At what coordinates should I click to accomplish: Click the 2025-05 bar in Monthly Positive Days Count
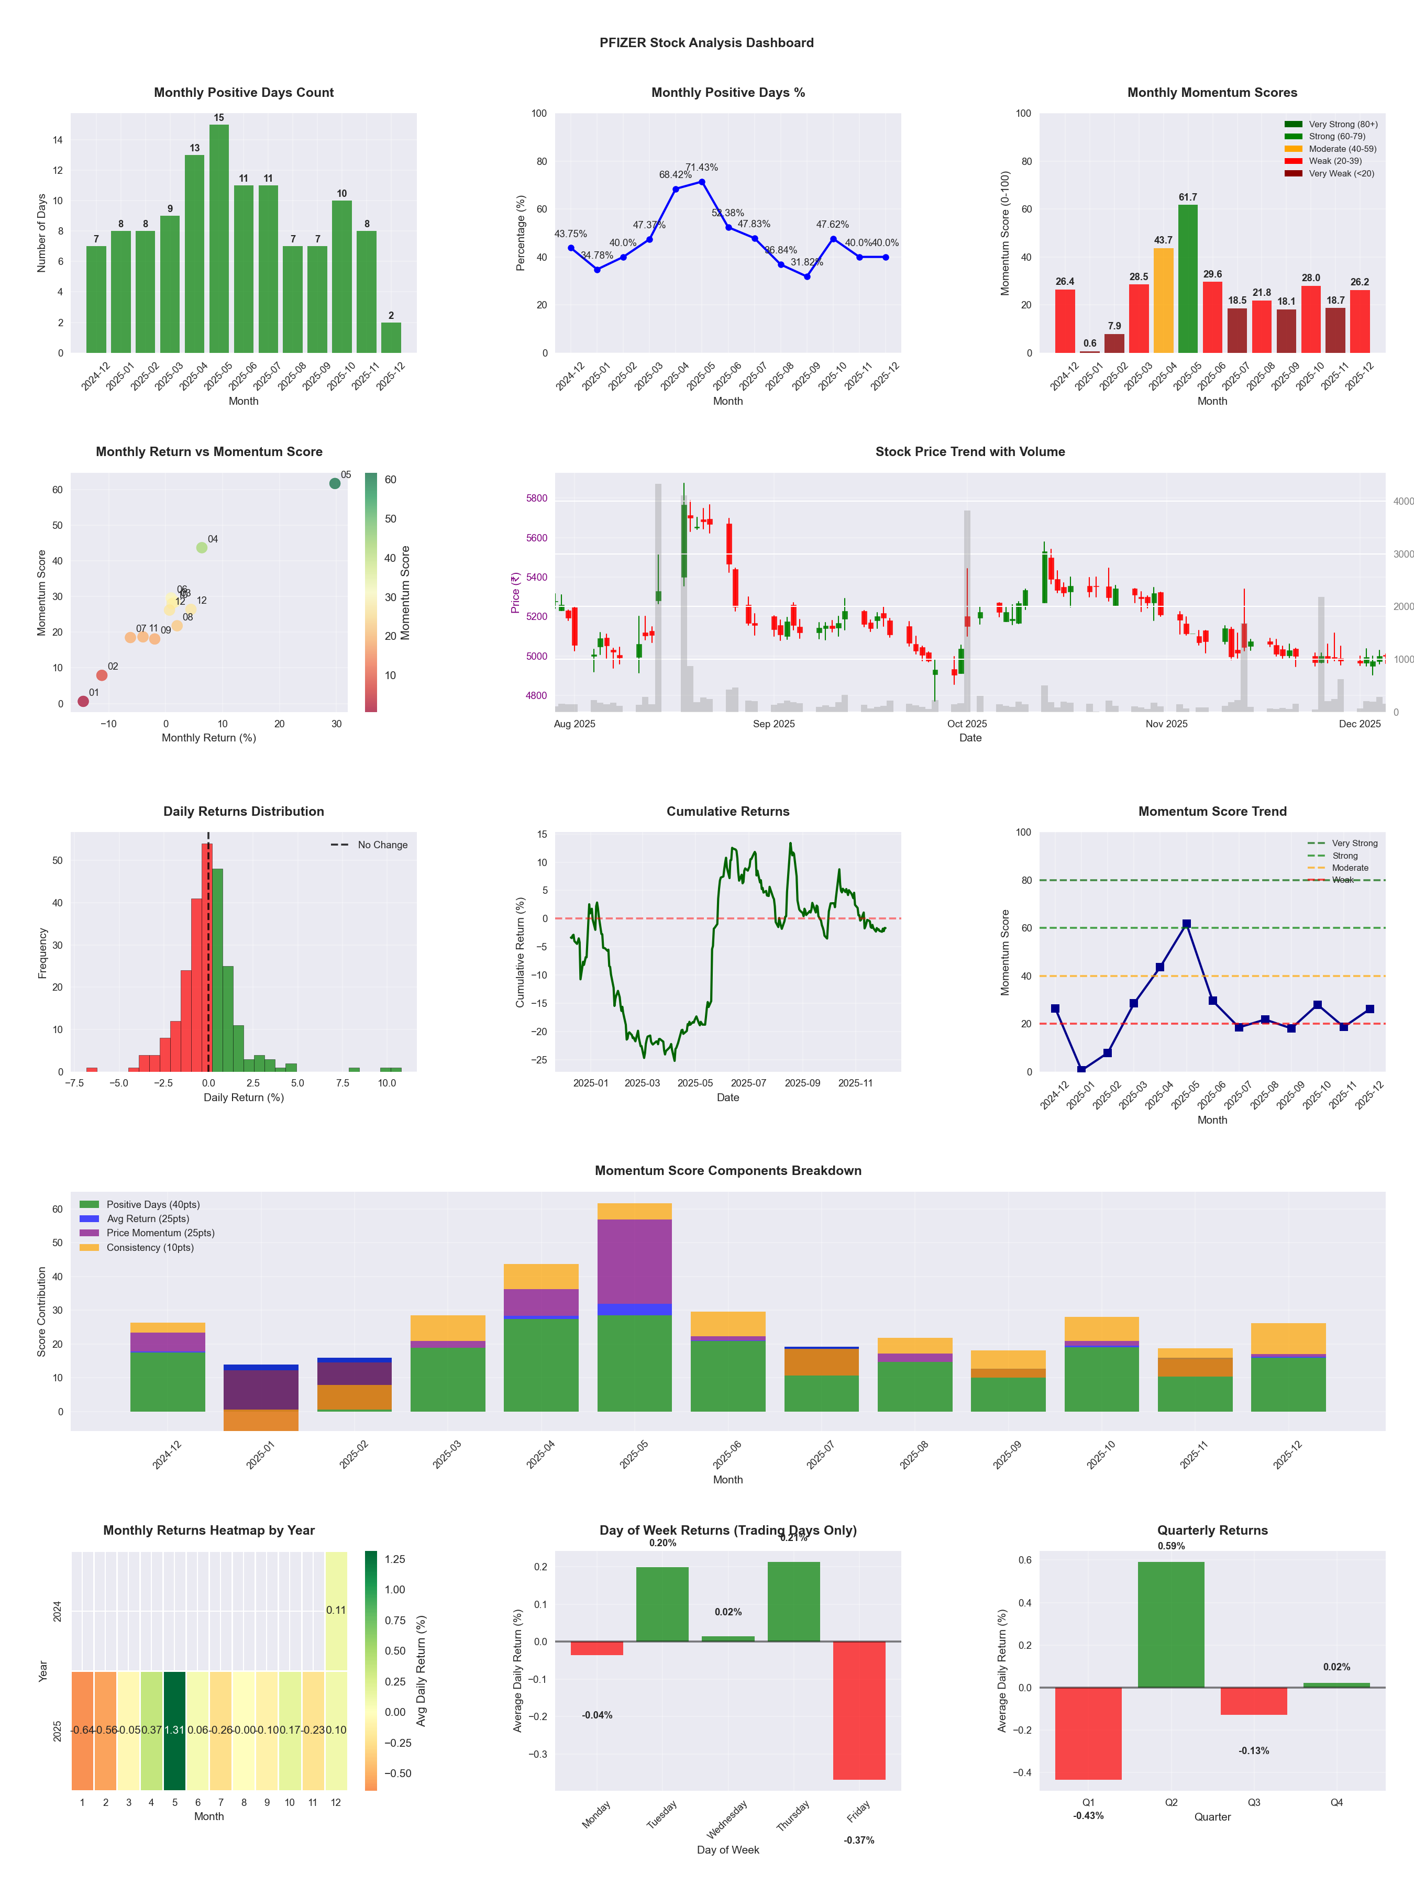click(x=219, y=239)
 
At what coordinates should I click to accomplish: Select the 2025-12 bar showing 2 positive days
click(x=391, y=337)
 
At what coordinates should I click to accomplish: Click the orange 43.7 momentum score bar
click(x=1164, y=300)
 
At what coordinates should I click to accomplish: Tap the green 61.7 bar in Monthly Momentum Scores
click(x=1188, y=279)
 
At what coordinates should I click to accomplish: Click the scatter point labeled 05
click(x=335, y=483)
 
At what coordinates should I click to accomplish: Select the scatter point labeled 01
click(x=83, y=701)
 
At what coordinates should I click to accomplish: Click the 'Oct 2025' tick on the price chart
click(x=967, y=724)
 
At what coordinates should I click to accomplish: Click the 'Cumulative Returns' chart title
click(x=728, y=811)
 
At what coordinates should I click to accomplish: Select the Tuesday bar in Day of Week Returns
click(x=662, y=1604)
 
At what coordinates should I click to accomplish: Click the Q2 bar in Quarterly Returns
click(x=1171, y=1624)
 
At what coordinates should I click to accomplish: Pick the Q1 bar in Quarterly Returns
click(x=1088, y=1733)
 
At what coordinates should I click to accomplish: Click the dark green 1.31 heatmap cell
click(x=175, y=1730)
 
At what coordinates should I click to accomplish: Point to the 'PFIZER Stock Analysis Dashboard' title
click(x=706, y=42)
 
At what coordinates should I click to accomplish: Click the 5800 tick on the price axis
click(x=536, y=498)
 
